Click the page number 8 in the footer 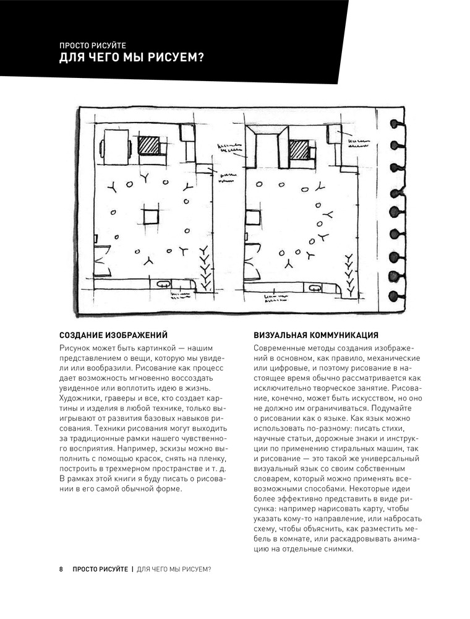pyautogui.click(x=61, y=568)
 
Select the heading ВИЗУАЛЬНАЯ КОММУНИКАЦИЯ pyautogui.click(x=316, y=335)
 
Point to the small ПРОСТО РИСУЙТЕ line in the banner pyautogui.click(x=92, y=45)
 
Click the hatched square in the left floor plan pyautogui.click(x=148, y=147)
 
